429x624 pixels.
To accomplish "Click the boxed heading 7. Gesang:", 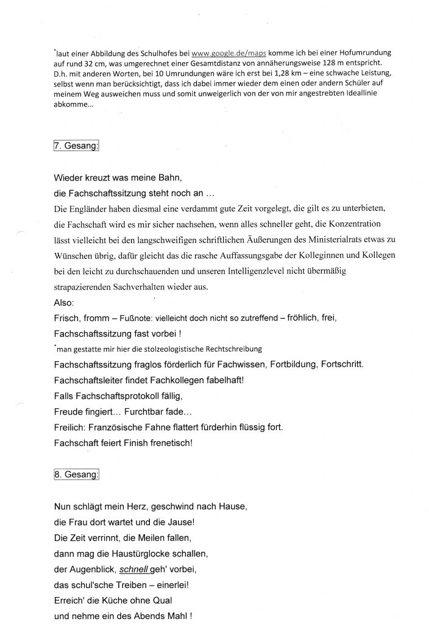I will click(x=77, y=147).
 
